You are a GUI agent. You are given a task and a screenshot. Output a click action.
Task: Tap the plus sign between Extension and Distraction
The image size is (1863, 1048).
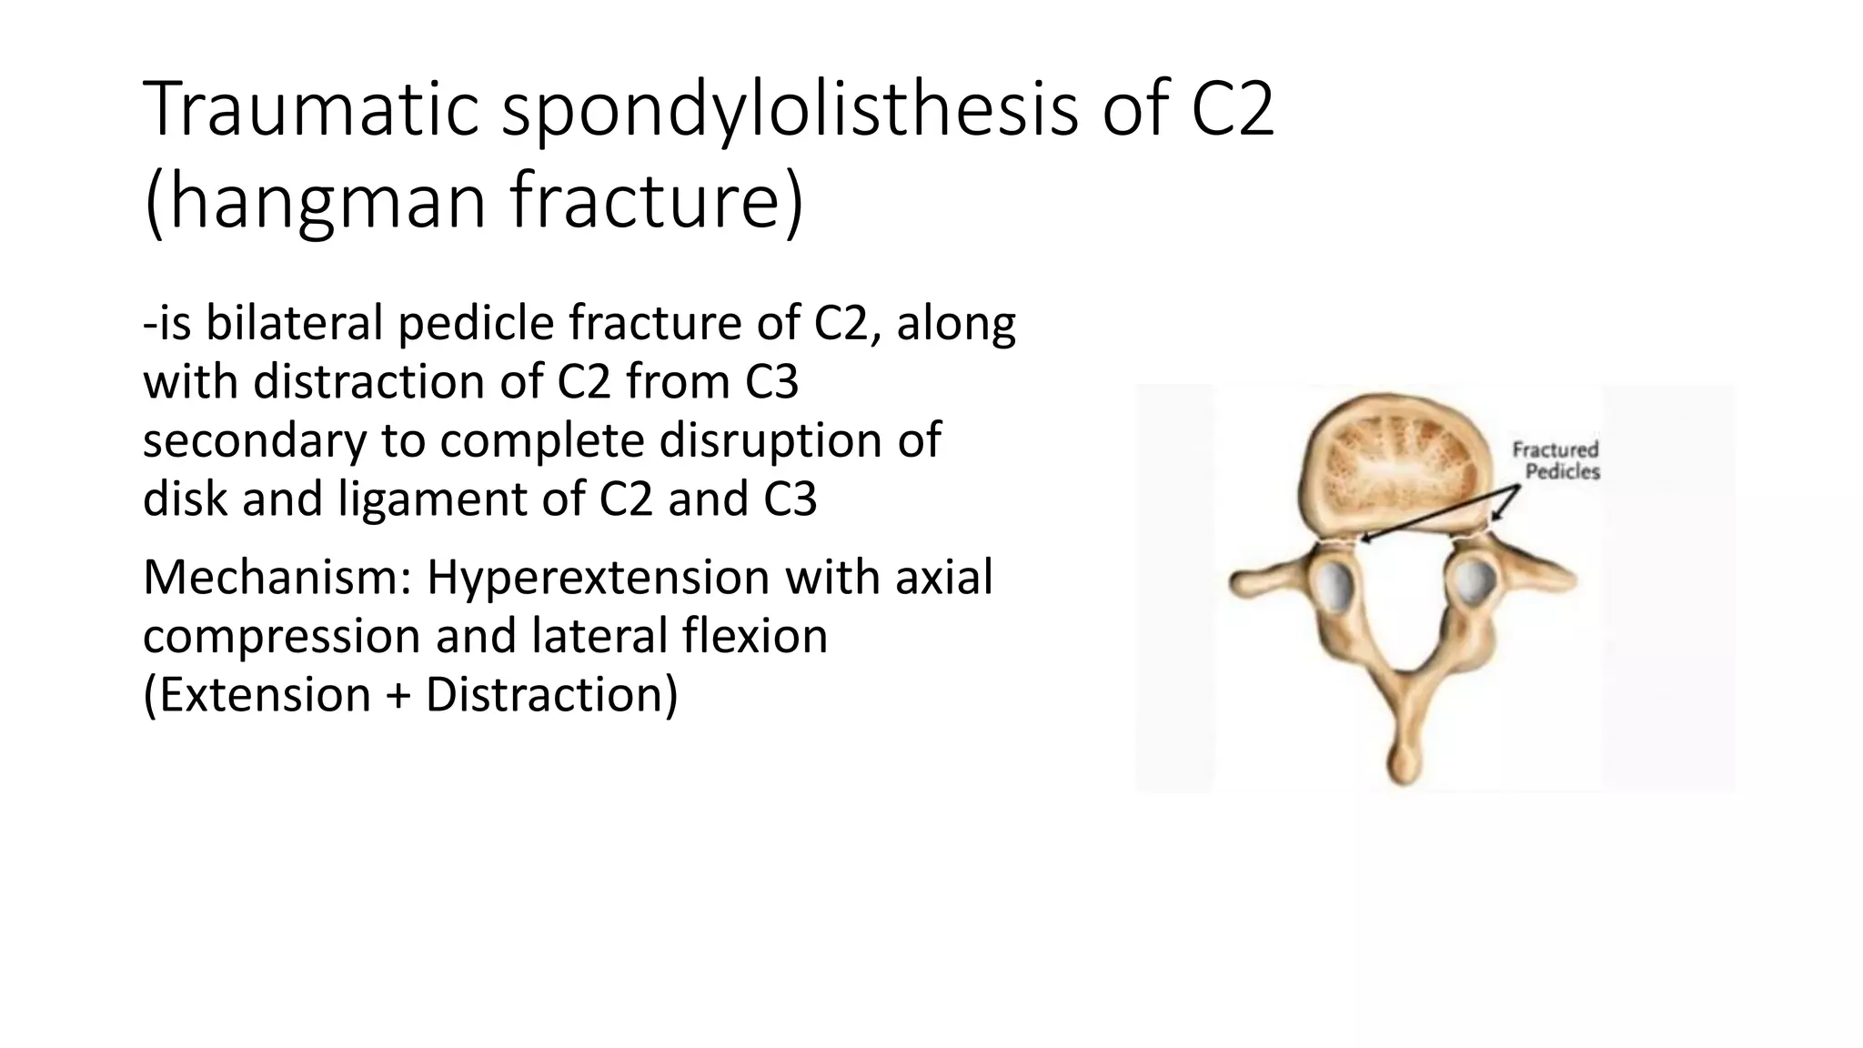[398, 696]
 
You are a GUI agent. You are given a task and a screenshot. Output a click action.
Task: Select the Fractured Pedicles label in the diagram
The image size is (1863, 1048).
[1556, 460]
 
